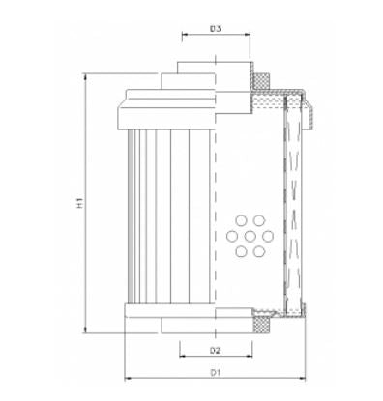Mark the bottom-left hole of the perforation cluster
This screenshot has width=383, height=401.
pos(240,250)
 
